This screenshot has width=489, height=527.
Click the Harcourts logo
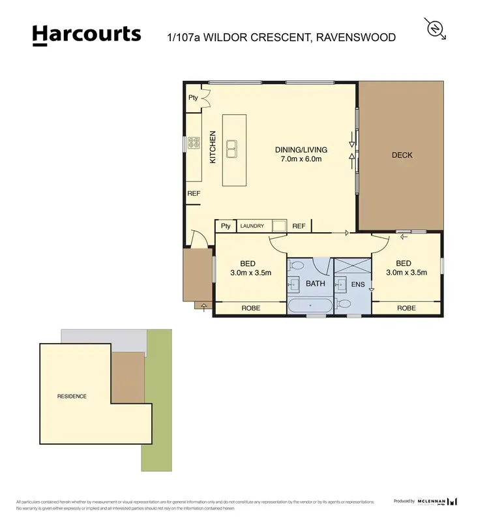(86, 35)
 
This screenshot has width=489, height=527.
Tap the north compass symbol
(436, 29)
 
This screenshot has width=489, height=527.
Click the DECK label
(402, 155)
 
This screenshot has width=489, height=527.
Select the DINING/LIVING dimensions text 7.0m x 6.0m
(301, 158)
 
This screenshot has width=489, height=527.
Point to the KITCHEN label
(212, 147)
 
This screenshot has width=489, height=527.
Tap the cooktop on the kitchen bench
(194, 143)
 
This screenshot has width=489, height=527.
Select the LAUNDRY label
(252, 226)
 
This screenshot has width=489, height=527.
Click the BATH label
(315, 284)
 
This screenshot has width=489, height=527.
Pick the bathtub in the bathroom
(310, 305)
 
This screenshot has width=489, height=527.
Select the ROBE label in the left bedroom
(251, 308)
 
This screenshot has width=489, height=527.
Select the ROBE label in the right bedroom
(406, 308)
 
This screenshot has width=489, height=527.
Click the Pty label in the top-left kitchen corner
(193, 98)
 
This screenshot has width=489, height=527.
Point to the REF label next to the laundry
(299, 226)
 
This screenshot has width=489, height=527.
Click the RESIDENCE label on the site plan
(72, 397)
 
